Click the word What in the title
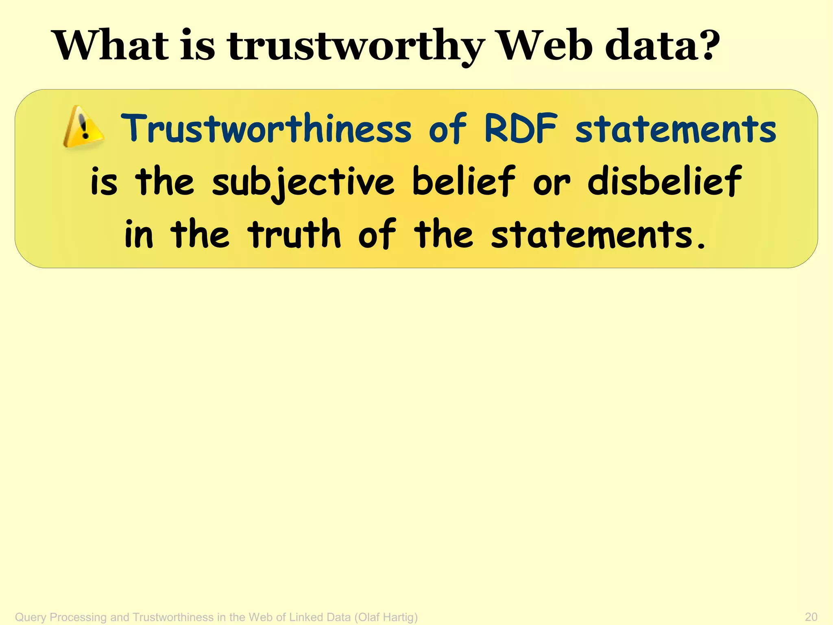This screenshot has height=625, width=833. pyautogui.click(x=111, y=46)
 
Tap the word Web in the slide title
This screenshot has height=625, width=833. pyautogui.click(x=545, y=46)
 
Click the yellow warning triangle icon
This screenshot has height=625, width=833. pyautogui.click(x=83, y=127)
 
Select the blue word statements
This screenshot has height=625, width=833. pyautogui.click(x=676, y=129)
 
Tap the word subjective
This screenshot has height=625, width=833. pyautogui.click(x=303, y=182)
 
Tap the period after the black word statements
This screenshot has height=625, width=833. pyautogui.click(x=701, y=246)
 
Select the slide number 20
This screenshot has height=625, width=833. pyautogui.click(x=811, y=617)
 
